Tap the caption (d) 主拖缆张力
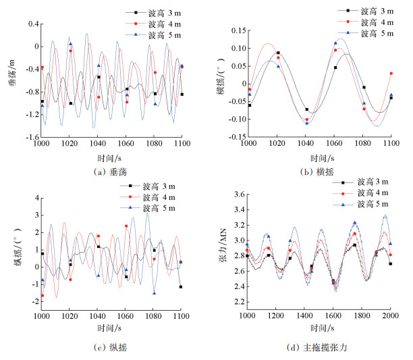click(320, 349)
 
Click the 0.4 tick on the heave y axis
click(31, 24)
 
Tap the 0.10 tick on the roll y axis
click(237, 49)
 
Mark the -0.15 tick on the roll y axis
click(235, 138)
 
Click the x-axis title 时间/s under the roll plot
click(320, 156)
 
